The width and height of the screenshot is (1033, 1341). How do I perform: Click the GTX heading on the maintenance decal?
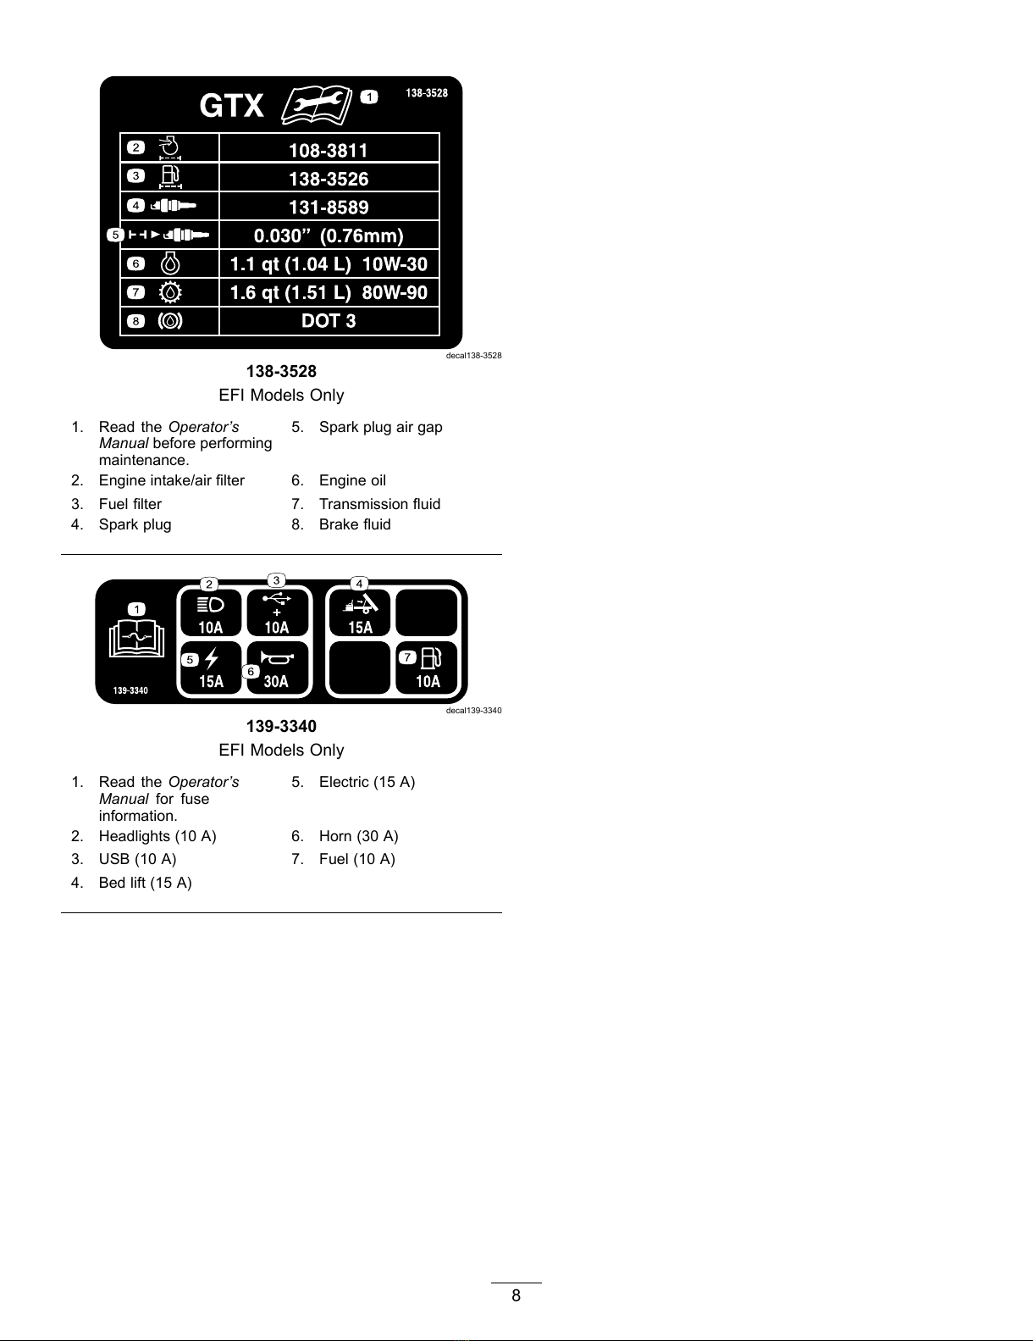pyautogui.click(x=231, y=106)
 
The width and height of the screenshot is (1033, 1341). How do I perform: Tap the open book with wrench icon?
pyautogui.click(x=314, y=104)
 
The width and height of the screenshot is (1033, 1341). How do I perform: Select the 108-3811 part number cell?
pyautogui.click(x=329, y=150)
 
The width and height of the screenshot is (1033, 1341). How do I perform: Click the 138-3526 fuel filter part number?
pyautogui.click(x=329, y=179)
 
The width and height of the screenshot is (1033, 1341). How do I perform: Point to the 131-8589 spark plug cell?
pyautogui.click(x=329, y=207)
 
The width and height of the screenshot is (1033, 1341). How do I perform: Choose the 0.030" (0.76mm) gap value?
pyautogui.click(x=329, y=236)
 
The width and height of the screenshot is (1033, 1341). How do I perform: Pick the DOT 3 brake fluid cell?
pyautogui.click(x=329, y=320)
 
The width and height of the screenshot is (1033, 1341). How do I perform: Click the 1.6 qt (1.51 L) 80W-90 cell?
pyautogui.click(x=329, y=292)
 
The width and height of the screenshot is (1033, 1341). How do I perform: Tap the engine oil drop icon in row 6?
pyautogui.click(x=170, y=263)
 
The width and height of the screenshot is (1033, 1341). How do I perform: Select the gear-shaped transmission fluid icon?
pyautogui.click(x=170, y=292)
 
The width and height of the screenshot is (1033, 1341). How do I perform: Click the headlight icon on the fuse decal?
pyautogui.click(x=210, y=605)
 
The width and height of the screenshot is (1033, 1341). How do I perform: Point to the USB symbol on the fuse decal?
pyautogui.click(x=277, y=600)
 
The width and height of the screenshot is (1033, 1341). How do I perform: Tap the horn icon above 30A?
pyautogui.click(x=276, y=658)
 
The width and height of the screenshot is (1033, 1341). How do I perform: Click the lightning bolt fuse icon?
pyautogui.click(x=212, y=658)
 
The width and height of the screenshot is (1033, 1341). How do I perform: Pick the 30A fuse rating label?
pyautogui.click(x=276, y=681)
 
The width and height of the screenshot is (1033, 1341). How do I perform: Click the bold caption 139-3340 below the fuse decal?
pyautogui.click(x=281, y=726)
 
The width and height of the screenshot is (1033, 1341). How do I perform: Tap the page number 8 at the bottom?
pyautogui.click(x=516, y=1295)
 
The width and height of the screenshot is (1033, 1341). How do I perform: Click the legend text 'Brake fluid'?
pyautogui.click(x=355, y=524)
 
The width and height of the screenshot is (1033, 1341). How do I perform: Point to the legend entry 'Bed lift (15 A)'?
pyautogui.click(x=145, y=883)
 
